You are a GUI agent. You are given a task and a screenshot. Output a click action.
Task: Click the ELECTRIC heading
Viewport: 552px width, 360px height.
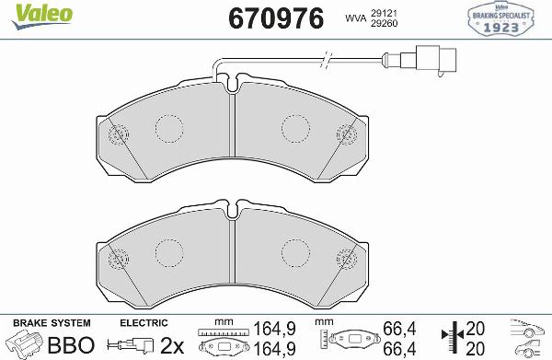[x=144, y=323]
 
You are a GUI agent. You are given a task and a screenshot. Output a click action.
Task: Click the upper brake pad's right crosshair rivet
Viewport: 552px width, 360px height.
[x=349, y=134]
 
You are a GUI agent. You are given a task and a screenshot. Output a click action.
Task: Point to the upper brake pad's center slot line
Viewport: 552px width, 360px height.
[x=234, y=129]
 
